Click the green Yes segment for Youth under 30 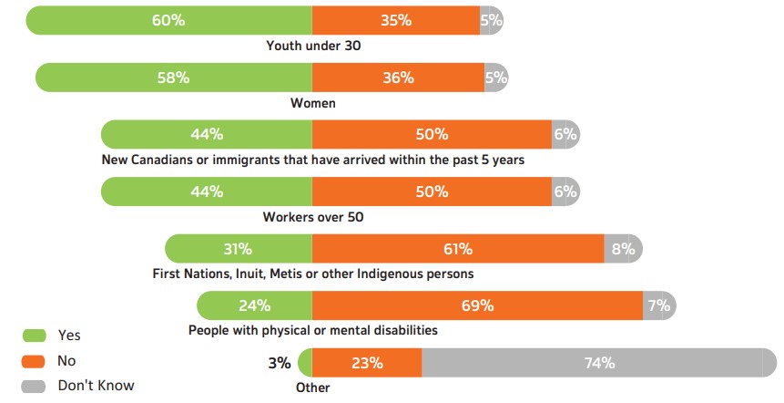pyautogui.click(x=168, y=20)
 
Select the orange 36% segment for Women pyautogui.click(x=398, y=77)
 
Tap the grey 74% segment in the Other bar pyautogui.click(x=592, y=362)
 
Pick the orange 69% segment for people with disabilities pyautogui.click(x=478, y=305)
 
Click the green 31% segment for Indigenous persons pyautogui.click(x=239, y=249)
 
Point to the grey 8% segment pyautogui.click(x=623, y=249)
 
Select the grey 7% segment pyautogui.click(x=658, y=305)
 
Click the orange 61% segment pyautogui.click(x=458, y=249)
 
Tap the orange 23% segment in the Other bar pyautogui.click(x=366, y=362)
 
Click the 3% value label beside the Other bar pyautogui.click(x=280, y=363)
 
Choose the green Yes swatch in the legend pyautogui.click(x=34, y=336)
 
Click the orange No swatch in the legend pyautogui.click(x=34, y=361)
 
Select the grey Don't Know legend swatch pyautogui.click(x=34, y=386)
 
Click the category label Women pyautogui.click(x=312, y=103)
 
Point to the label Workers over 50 pyautogui.click(x=312, y=217)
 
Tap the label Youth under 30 pyautogui.click(x=312, y=46)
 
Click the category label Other pyautogui.click(x=312, y=387)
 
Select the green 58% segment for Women pyautogui.click(x=173, y=77)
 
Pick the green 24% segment pyautogui.click(x=255, y=305)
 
